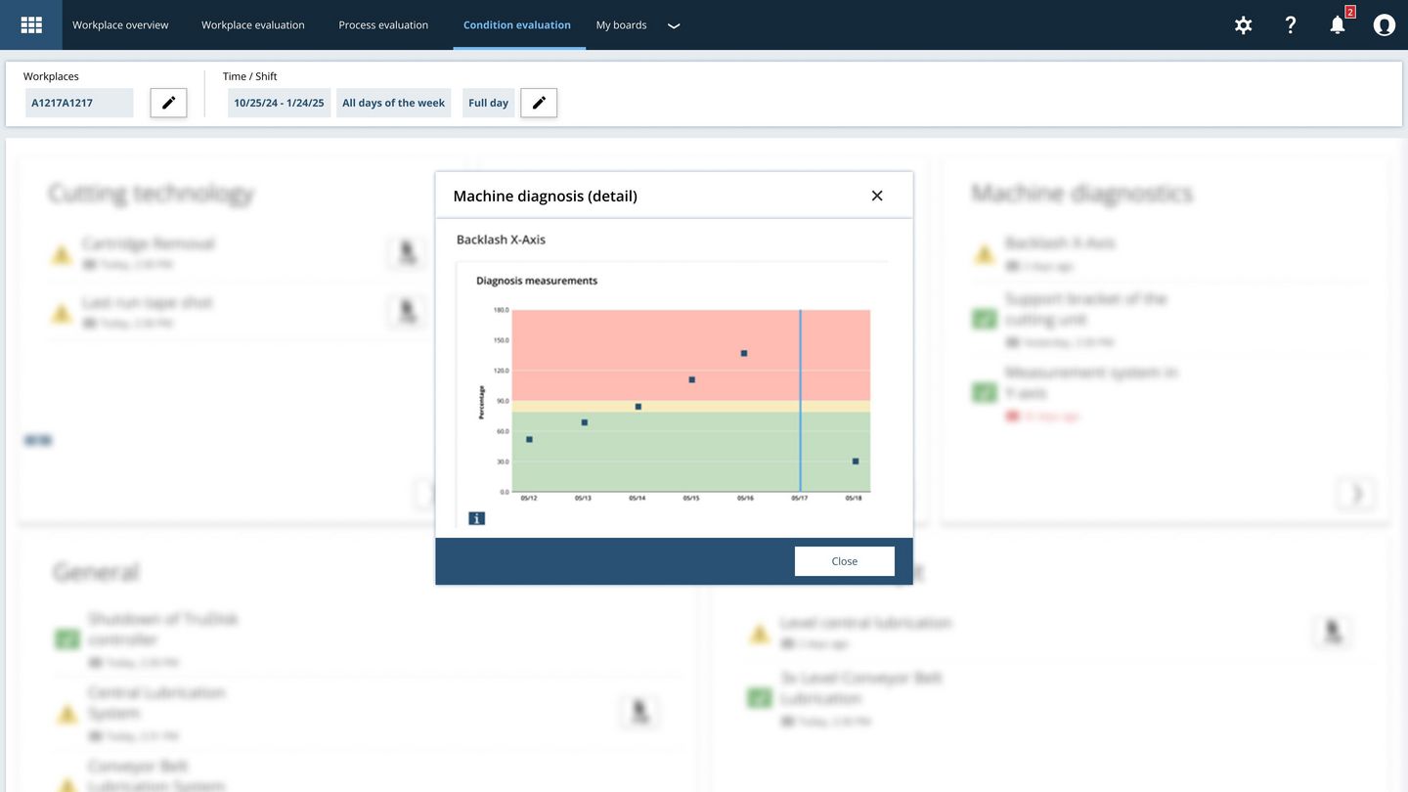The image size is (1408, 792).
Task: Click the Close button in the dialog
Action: pos(844,561)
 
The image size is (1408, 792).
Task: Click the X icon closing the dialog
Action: pos(877,196)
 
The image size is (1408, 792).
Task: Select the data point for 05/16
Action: pos(744,353)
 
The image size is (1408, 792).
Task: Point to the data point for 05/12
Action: pos(529,439)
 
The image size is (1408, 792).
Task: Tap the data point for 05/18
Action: pos(856,461)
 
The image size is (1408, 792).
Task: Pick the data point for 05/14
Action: pos(638,406)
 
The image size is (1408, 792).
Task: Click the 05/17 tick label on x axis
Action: pos(800,499)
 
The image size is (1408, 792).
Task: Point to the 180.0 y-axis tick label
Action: pos(501,310)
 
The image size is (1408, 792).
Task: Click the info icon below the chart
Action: pos(477,518)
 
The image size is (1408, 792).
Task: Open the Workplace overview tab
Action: pos(120,25)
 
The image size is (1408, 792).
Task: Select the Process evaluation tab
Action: pos(383,25)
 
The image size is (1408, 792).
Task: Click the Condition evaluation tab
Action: pos(516,25)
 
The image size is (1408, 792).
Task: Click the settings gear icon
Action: pos(1243,25)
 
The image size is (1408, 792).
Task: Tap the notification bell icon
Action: pos(1338,25)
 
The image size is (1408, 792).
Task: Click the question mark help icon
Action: pos(1291,25)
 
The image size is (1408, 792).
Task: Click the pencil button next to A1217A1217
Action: pos(168,103)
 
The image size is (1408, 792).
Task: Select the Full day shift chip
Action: pos(488,103)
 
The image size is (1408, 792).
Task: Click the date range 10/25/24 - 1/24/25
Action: pos(279,103)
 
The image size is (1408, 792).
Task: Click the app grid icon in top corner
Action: pos(31,25)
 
